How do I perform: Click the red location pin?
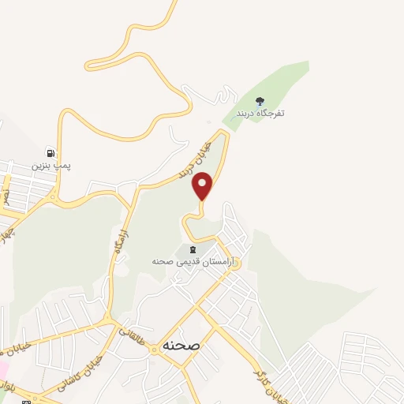click(203, 186)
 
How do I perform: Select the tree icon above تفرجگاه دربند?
click(260, 100)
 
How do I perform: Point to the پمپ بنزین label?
click(51, 166)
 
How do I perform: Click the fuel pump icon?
click(51, 153)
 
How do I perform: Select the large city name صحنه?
click(181, 346)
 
